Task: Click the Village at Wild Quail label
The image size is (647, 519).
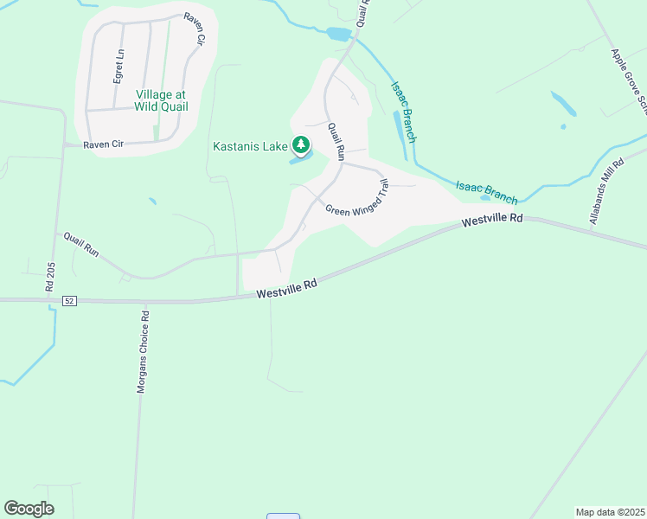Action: tap(162, 100)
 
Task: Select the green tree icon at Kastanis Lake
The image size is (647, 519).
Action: tap(301, 144)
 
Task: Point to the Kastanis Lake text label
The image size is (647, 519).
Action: tap(250, 146)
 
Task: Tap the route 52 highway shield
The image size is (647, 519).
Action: tap(70, 300)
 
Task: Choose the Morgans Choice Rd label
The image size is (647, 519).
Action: tap(144, 351)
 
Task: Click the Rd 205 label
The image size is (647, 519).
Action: tap(50, 285)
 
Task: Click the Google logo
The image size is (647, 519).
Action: tap(29, 509)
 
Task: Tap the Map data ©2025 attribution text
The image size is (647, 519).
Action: tap(610, 511)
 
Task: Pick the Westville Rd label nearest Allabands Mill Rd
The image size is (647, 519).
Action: tap(492, 221)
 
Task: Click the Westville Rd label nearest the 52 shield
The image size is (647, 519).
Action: tap(287, 288)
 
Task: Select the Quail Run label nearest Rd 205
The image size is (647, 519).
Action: tap(81, 246)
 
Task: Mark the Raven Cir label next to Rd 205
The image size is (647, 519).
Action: tap(104, 144)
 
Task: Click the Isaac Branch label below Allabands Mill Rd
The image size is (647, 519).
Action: tap(487, 193)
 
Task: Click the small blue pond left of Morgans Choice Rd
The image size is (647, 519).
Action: tap(152, 202)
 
